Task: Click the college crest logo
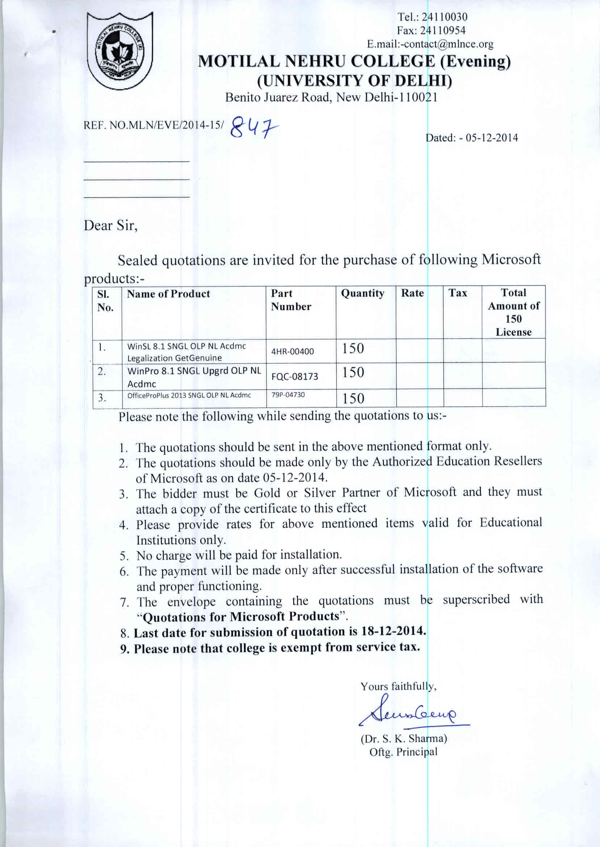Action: (120, 51)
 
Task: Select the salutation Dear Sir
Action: (111, 226)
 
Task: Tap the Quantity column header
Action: (362, 293)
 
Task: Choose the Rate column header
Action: (412, 293)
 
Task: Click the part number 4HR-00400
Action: (293, 351)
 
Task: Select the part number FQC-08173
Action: (295, 376)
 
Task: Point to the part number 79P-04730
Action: (288, 394)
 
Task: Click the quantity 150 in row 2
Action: (353, 372)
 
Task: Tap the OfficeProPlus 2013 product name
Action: (189, 395)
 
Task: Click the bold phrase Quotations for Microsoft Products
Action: (241, 616)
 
